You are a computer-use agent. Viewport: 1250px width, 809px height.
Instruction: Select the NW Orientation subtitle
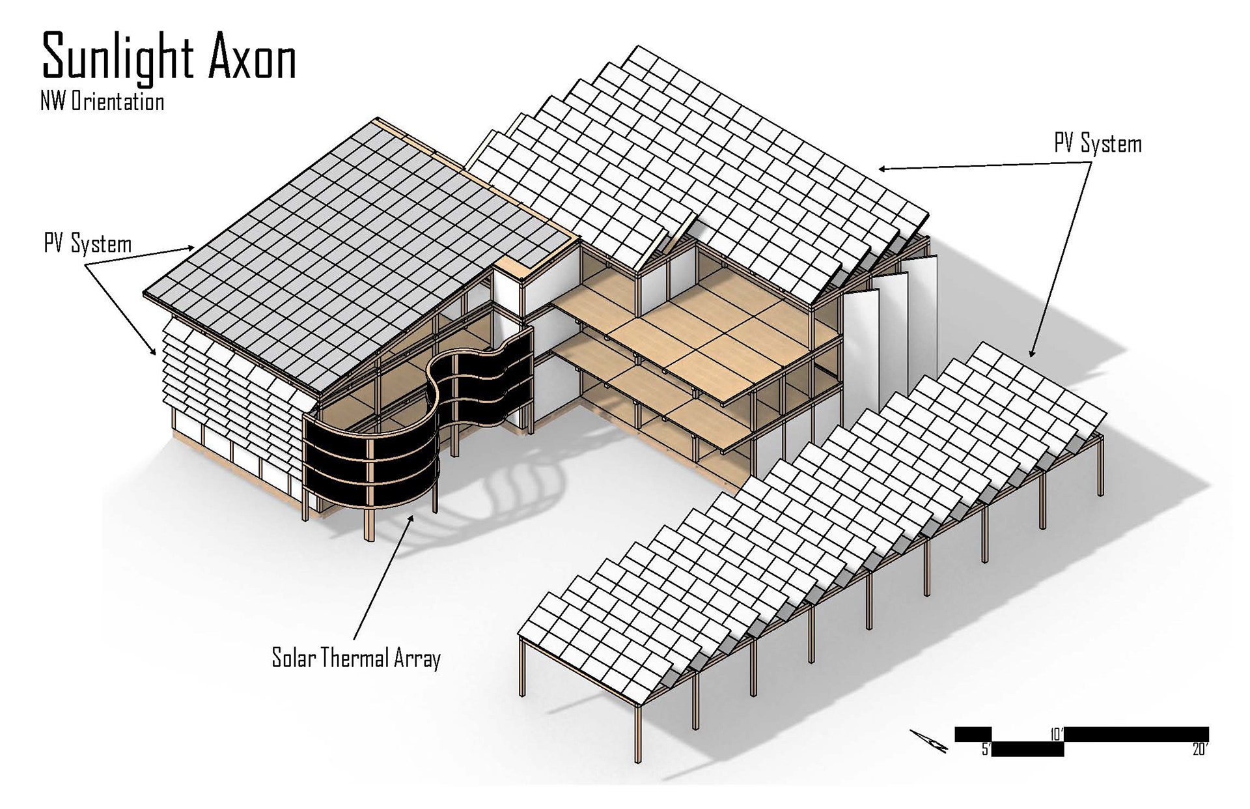tap(102, 102)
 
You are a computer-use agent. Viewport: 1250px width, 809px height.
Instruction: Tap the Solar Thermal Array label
tap(356, 658)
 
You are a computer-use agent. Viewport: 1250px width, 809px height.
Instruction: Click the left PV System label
tap(88, 244)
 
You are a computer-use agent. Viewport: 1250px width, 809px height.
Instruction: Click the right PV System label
tap(1098, 144)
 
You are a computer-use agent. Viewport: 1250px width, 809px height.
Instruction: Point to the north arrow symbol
tap(928, 741)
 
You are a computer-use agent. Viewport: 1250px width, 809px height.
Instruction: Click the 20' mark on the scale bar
tap(1200, 750)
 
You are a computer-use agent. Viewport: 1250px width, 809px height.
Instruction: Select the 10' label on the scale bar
tap(1056, 734)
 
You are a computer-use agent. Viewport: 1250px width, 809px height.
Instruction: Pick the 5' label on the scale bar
tap(986, 750)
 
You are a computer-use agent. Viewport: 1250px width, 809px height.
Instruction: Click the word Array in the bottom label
tap(417, 659)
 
